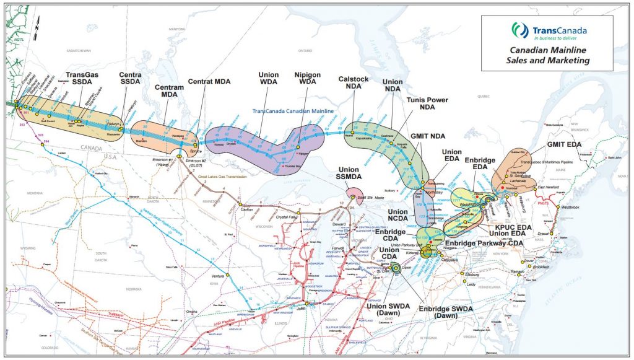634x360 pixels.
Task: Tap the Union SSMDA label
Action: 349,173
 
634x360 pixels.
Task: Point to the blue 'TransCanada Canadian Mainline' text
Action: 294,111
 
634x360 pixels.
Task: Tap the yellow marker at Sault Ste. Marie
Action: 353,198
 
